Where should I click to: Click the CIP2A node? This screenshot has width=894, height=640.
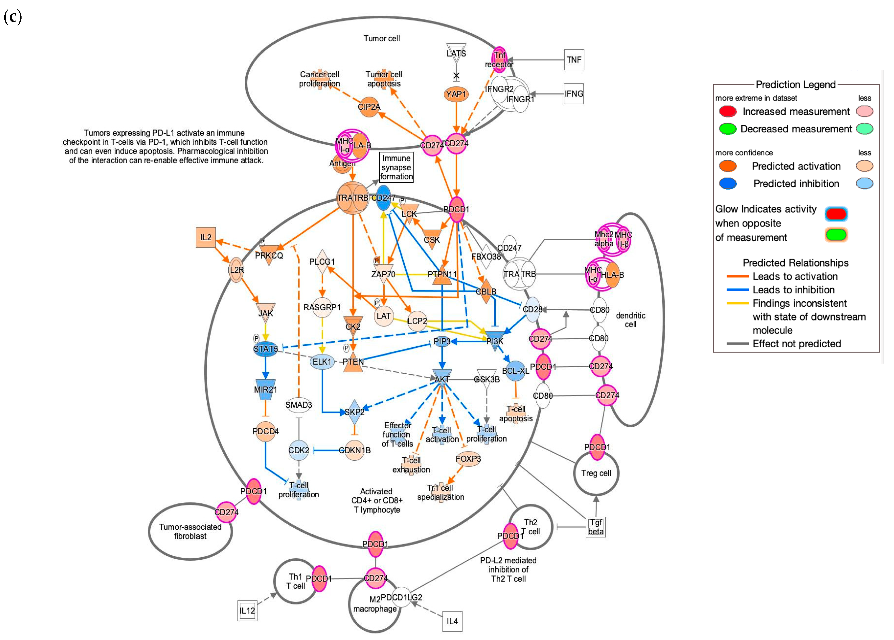coord(369,107)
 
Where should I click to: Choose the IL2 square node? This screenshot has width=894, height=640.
coord(206,237)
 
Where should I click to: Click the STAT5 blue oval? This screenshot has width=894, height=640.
coord(266,349)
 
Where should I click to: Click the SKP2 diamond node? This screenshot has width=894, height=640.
coord(354,412)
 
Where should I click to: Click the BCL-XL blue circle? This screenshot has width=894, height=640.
coord(515,371)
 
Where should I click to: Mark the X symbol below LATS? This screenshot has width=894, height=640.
coord(456,76)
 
